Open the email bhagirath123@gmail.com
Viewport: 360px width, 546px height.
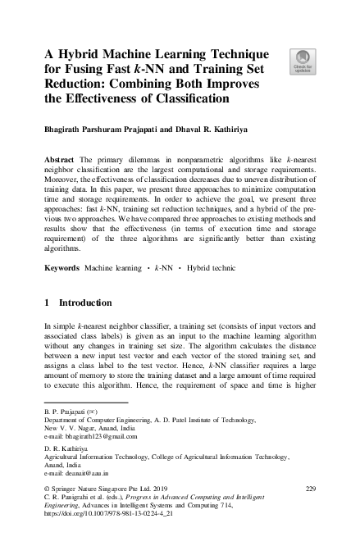point(89,435)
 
